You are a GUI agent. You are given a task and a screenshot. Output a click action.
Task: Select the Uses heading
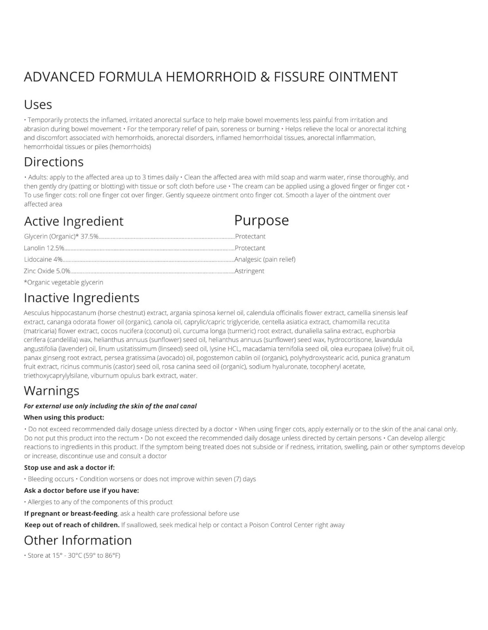click(x=38, y=105)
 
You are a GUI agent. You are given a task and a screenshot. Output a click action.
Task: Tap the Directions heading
click(x=54, y=162)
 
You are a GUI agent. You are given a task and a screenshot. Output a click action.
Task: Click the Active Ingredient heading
click(x=74, y=221)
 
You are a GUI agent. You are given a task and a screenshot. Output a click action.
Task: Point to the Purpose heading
click(x=261, y=220)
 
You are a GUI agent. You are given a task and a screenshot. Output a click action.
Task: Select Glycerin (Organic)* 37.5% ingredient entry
click(x=61, y=237)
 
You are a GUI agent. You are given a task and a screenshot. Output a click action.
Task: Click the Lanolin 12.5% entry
click(x=44, y=248)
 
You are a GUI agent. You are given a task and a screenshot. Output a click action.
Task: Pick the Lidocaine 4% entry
click(x=43, y=260)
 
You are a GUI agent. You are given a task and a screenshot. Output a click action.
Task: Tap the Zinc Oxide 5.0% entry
click(x=47, y=271)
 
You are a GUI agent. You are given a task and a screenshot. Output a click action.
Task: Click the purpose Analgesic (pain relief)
click(x=265, y=260)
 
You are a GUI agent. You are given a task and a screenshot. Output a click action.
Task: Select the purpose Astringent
click(x=249, y=271)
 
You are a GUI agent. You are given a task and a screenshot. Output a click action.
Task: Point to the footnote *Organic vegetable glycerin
click(x=63, y=282)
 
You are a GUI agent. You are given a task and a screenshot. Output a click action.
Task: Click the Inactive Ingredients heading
click(x=82, y=298)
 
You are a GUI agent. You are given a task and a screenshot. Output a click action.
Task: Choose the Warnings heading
click(x=51, y=391)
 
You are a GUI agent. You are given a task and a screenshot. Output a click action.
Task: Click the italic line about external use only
click(x=110, y=406)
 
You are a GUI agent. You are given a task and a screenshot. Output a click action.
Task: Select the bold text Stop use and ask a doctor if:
click(x=69, y=467)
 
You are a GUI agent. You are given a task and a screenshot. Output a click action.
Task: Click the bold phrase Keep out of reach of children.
click(x=72, y=525)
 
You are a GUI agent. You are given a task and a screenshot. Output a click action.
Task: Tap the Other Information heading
click(x=78, y=541)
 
